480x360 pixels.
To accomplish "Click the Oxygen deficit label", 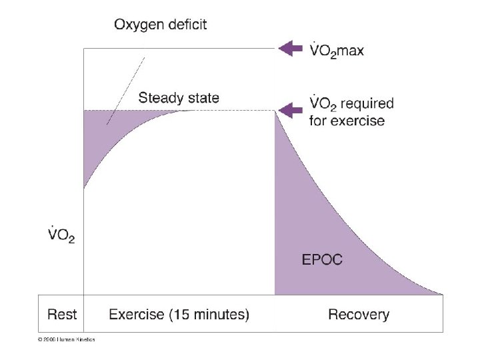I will pyautogui.click(x=160, y=25).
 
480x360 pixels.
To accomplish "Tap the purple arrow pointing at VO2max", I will pyautogui.click(x=291, y=48).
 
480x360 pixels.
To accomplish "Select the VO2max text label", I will pyautogui.click(x=337, y=51).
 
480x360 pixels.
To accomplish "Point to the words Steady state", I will pyautogui.click(x=178, y=98).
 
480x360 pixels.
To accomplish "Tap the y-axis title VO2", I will pyautogui.click(x=61, y=235).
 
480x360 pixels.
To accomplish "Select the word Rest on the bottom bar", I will pyautogui.click(x=62, y=314).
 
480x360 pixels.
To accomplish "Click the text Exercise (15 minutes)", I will pyautogui.click(x=179, y=314).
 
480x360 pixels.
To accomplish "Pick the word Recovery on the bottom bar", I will pyautogui.click(x=359, y=314).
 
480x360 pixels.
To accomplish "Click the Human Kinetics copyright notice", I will pyautogui.click(x=66, y=339).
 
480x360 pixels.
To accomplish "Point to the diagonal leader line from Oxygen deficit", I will pyautogui.click(x=127, y=90).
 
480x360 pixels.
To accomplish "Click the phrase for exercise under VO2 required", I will pyautogui.click(x=347, y=121).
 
